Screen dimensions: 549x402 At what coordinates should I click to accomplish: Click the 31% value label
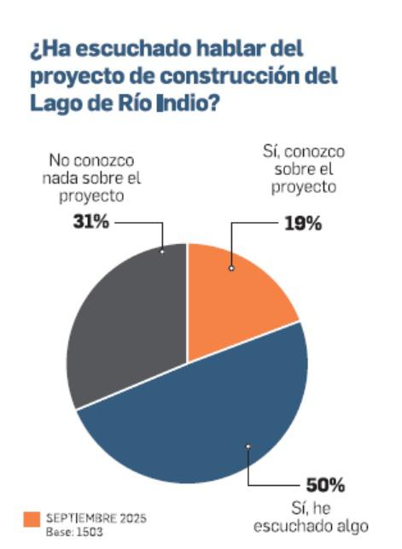pos(88,224)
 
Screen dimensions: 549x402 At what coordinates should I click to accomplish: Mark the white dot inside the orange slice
pos(231,268)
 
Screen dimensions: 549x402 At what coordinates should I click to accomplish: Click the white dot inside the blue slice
pos(248,446)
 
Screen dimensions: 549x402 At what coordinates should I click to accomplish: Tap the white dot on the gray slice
pos(162,251)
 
